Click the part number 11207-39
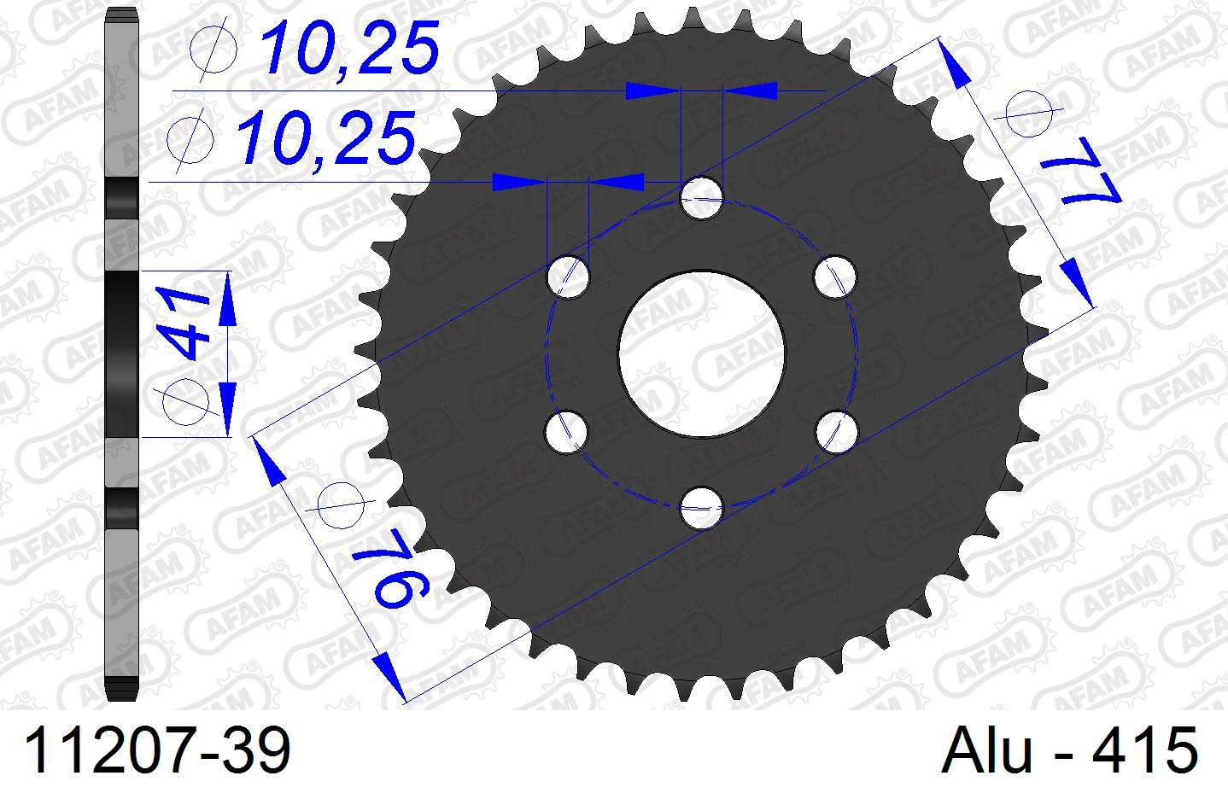pos(157,750)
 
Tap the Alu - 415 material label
pos(1069,750)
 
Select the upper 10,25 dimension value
pos(349,48)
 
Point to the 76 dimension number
pos(390,570)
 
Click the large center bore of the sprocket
pos(702,353)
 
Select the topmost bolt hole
pos(702,198)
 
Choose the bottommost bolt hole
pos(702,508)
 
